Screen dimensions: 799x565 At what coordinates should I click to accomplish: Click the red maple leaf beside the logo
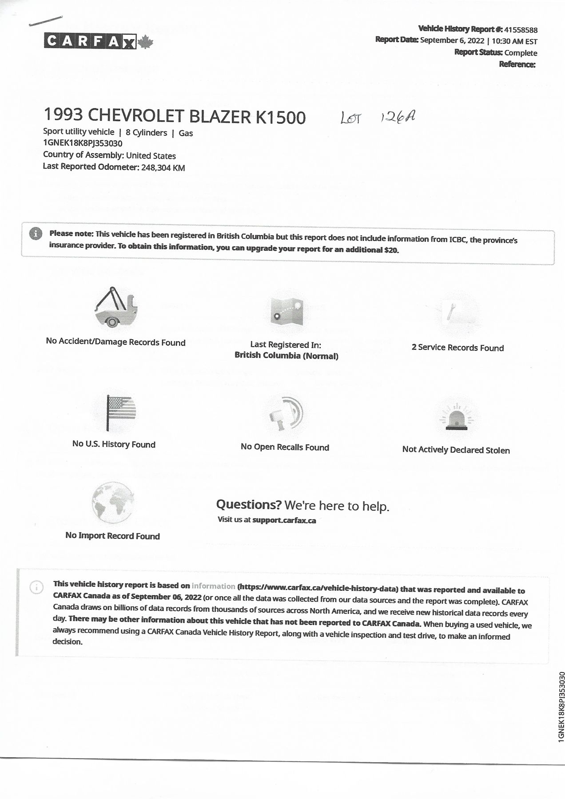145,42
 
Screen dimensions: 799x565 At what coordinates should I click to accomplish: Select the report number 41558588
521,30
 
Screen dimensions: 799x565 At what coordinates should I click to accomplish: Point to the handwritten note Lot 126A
378,117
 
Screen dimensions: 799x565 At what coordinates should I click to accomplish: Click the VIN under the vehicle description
83,143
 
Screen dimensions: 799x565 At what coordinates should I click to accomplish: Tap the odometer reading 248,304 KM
163,168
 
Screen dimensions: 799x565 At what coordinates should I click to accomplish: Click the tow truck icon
116,307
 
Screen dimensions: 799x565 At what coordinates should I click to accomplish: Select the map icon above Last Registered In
286,311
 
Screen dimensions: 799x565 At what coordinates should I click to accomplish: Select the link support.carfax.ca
284,520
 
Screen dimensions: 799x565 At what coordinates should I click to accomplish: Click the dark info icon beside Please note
36,233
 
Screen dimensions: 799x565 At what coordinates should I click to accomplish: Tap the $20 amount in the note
391,250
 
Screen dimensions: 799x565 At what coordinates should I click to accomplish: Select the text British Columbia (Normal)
286,356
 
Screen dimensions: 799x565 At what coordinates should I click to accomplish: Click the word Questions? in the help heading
249,505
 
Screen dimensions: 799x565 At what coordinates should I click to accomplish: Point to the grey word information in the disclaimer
213,586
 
